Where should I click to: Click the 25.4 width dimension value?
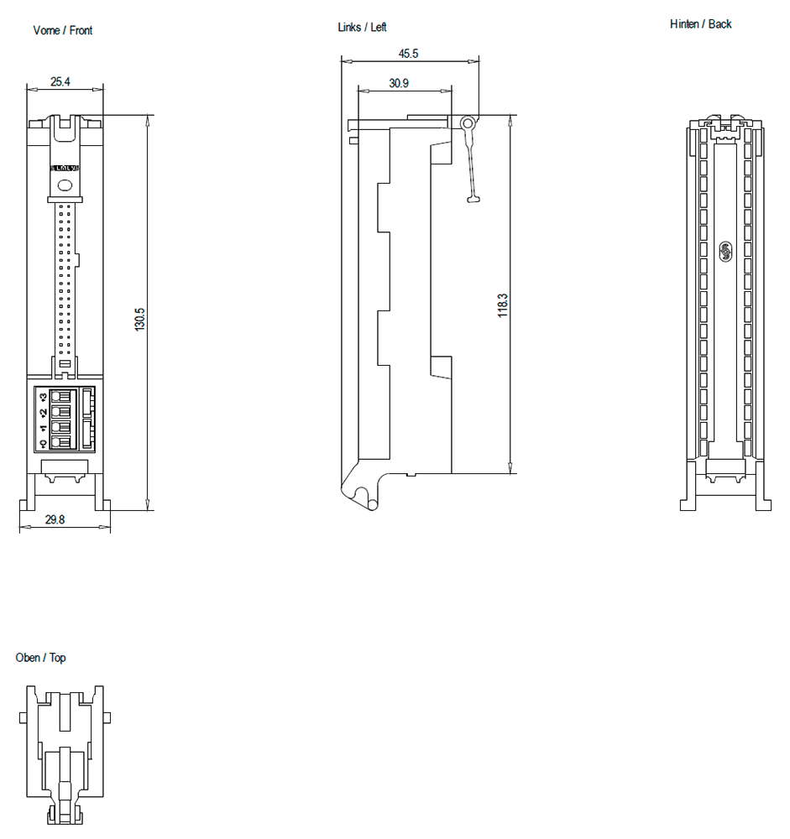pos(60,81)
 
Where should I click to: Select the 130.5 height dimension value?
pos(140,319)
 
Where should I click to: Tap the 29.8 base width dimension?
pos(55,520)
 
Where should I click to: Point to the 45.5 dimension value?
pos(408,53)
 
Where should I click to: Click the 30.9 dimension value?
pos(399,83)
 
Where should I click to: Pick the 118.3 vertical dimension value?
pos(502,305)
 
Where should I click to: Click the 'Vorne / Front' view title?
pos(62,30)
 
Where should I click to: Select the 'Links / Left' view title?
pos(362,28)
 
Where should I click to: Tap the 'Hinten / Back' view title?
pos(700,24)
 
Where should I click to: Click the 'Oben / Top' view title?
pos(40,658)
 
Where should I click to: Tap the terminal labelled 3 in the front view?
pos(60,397)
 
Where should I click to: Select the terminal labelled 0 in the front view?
pos(60,441)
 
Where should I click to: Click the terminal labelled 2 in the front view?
pos(60,412)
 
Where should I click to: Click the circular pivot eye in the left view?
pos(468,123)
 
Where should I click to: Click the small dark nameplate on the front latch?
pos(64,169)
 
